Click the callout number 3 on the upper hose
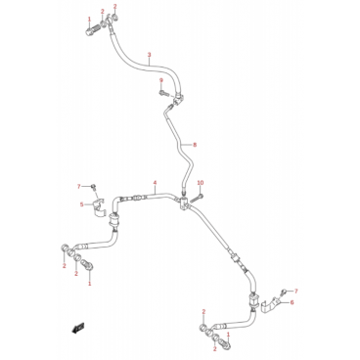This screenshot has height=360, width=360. coord(150,55)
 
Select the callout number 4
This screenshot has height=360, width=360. coord(156,183)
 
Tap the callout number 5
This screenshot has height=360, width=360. coord(82,204)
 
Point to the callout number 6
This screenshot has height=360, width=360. coord(292,302)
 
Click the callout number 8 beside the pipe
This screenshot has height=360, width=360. coord(195,145)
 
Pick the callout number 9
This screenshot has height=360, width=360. coord(160,80)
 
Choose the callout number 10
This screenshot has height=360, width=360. coord(201,183)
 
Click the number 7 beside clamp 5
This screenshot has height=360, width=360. coord(78,187)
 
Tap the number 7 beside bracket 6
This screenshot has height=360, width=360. coord(296,291)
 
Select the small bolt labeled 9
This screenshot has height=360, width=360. coord(162,93)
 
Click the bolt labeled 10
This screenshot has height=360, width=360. coord(198,198)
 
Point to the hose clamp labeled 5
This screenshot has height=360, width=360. coord(97,207)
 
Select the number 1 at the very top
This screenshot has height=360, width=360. coord(90,20)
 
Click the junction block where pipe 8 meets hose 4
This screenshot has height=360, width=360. coord(184,204)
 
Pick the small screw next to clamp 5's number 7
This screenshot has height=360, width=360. coord(94,187)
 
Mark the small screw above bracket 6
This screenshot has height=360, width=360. coord(285,292)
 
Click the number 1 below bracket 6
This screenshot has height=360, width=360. coord(228,335)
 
